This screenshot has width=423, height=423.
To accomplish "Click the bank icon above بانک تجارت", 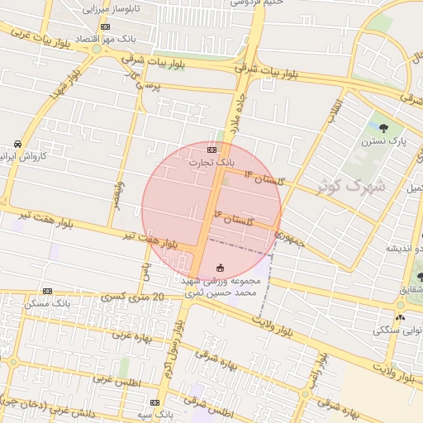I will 212,150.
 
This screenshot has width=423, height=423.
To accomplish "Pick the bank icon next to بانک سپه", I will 154,402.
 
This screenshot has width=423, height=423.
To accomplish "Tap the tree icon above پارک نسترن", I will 383,127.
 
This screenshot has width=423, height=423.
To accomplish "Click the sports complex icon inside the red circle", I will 220,267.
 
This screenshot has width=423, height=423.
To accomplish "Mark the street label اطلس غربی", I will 117,380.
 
